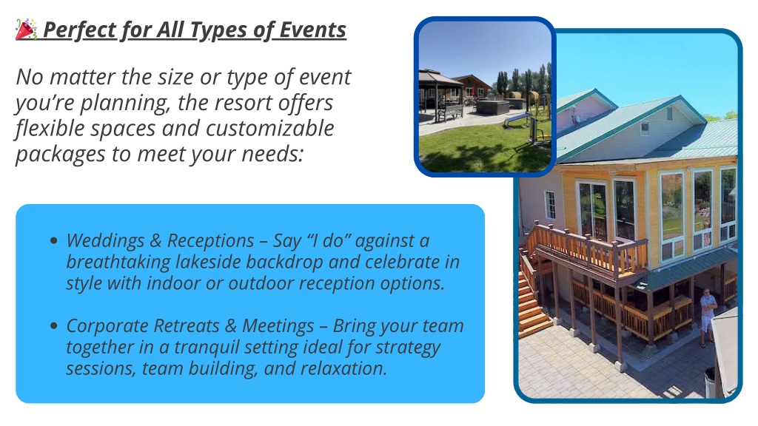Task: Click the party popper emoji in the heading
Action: tap(26, 30)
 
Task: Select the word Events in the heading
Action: tap(313, 30)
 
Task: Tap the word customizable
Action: tap(269, 129)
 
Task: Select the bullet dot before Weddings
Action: tap(53, 240)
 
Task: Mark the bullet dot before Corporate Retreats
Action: tap(53, 325)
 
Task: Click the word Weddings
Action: tap(105, 240)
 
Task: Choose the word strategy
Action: tap(408, 348)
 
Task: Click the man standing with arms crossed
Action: tap(707, 317)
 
